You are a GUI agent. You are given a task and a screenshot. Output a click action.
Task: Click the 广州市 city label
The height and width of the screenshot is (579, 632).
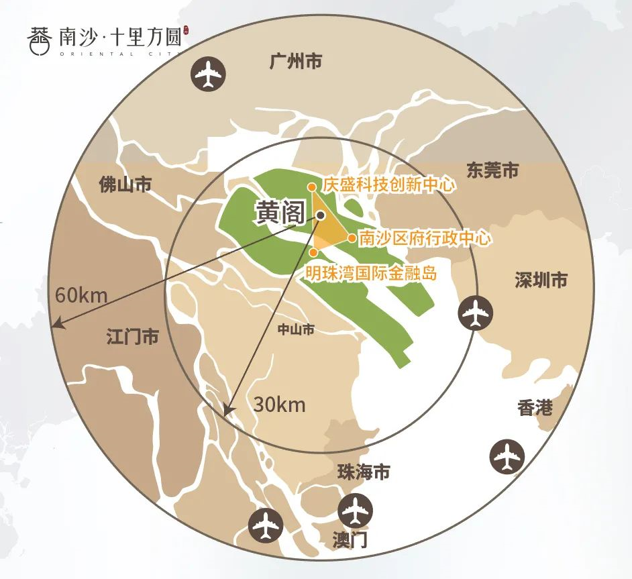295,62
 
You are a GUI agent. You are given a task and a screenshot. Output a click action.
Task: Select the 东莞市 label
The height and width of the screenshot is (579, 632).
492,171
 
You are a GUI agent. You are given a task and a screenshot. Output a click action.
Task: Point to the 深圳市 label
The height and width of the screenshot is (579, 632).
541,280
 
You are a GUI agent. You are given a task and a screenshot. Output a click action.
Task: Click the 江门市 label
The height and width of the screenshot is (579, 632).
132,337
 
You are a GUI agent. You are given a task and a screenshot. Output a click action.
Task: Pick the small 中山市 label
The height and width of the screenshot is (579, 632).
296,329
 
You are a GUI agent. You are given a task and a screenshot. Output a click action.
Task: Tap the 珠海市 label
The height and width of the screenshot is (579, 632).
363,472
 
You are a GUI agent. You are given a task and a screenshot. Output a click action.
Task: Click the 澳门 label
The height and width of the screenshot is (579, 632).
351,539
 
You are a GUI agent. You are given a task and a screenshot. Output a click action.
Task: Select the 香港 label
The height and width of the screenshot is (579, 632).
535,407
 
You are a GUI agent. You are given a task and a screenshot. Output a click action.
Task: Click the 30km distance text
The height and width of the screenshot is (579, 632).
279,405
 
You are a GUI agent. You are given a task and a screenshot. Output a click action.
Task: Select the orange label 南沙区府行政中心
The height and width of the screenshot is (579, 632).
425,238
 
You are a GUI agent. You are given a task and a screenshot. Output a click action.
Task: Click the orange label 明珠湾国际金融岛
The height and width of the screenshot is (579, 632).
371,273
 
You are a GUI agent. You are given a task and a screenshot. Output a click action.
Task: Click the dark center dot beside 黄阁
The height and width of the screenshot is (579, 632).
321,215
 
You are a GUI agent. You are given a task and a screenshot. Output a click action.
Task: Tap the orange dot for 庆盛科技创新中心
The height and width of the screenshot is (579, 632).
312,187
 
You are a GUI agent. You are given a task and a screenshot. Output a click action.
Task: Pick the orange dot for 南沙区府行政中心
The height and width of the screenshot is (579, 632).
352,238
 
